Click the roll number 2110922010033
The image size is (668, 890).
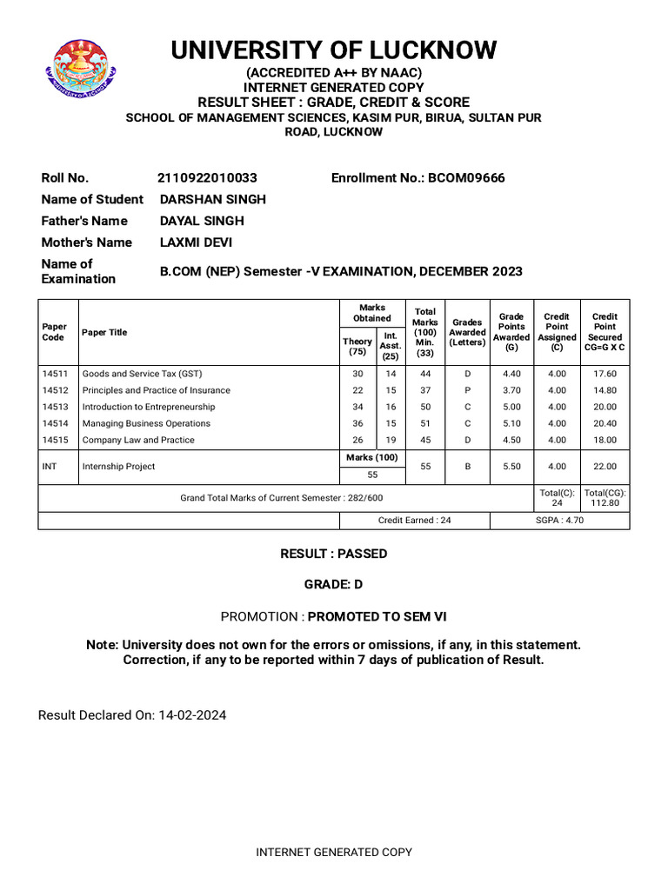click(x=207, y=178)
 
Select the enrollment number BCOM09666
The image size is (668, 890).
click(x=465, y=178)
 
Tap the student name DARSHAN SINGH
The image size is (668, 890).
click(x=213, y=199)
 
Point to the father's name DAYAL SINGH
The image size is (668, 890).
click(x=202, y=221)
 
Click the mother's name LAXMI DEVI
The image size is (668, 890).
click(x=196, y=242)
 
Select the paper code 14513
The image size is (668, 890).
click(x=55, y=407)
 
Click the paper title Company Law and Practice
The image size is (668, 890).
click(x=138, y=440)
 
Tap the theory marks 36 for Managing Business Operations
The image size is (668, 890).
click(x=357, y=423)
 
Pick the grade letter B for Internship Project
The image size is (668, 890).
click(x=467, y=467)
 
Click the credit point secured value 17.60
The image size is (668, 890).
click(x=605, y=374)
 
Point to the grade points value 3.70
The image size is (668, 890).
click(x=511, y=390)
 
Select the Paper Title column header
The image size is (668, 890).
click(x=104, y=332)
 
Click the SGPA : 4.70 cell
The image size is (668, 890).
click(x=559, y=520)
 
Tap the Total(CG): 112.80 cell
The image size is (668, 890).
click(x=605, y=497)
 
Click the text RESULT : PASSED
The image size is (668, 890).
click(x=333, y=554)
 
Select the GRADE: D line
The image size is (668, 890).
click(x=333, y=585)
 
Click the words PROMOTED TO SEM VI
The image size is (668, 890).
click(x=378, y=616)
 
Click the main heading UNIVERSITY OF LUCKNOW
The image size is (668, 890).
click(x=334, y=50)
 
